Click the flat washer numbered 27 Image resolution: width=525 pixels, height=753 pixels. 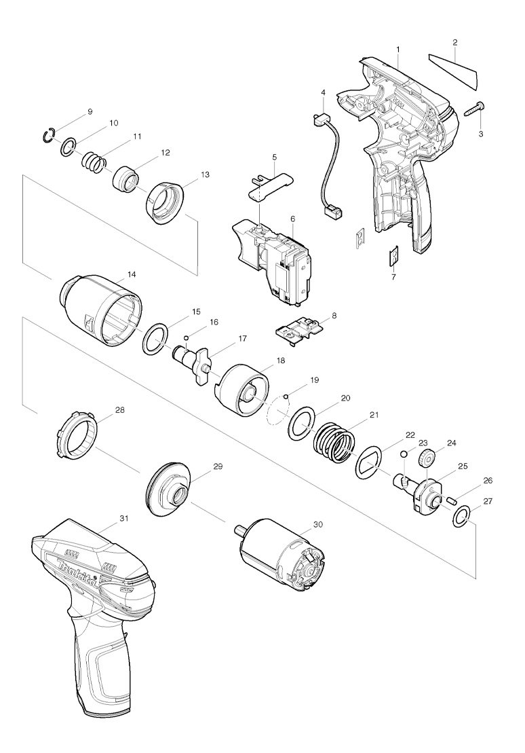click(462, 519)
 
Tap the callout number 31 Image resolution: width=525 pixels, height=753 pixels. click(123, 518)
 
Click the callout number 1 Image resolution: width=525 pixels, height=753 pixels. click(397, 49)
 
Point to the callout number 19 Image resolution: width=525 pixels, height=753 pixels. click(314, 381)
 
